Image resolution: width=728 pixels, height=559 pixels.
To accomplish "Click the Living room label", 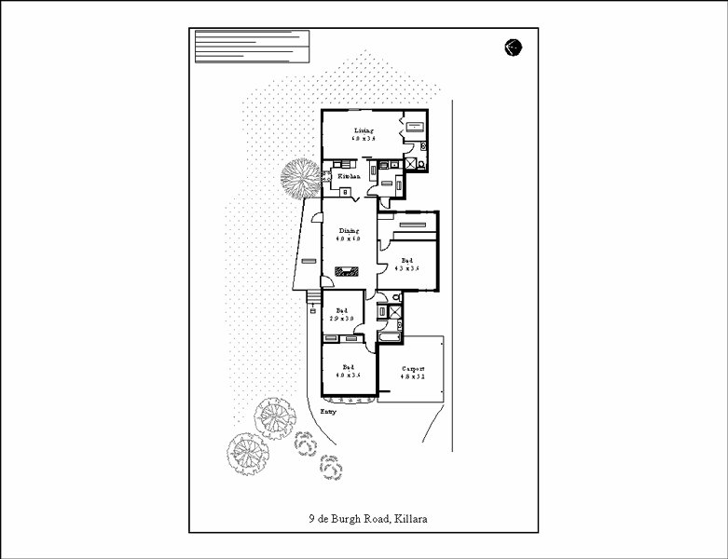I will [x=364, y=130].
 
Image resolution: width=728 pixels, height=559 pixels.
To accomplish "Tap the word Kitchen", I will [x=349, y=176].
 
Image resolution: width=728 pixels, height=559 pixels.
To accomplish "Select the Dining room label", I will [x=349, y=230].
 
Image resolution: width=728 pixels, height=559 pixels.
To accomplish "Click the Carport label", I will [x=412, y=369].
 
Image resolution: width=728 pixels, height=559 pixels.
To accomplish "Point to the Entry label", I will [x=327, y=410].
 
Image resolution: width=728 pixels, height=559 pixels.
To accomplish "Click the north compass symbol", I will [x=513, y=47].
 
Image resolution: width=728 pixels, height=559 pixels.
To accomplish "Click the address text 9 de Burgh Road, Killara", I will [x=374, y=519].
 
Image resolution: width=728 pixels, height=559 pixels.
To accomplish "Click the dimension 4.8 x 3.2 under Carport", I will [x=412, y=376].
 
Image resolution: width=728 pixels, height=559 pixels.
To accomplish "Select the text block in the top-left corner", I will [x=251, y=45].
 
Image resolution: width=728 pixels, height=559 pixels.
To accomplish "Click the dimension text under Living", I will [x=364, y=139].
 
